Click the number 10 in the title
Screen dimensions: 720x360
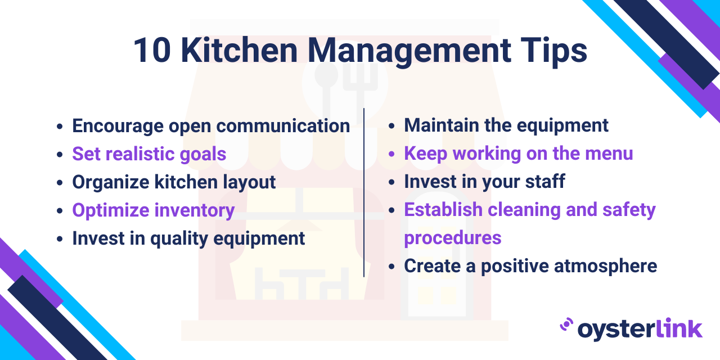click(152, 50)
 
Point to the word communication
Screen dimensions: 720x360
click(283, 125)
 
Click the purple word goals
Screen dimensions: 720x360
click(203, 155)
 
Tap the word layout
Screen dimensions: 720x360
click(249, 183)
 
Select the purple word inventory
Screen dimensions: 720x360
click(195, 211)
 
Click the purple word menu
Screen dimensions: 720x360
click(609, 154)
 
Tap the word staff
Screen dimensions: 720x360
click(545, 182)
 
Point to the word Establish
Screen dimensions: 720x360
click(443, 210)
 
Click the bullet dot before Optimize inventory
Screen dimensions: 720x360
click(60, 211)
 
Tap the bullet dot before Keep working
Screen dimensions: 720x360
click(391, 154)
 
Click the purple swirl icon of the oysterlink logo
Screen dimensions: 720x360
click(566, 325)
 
